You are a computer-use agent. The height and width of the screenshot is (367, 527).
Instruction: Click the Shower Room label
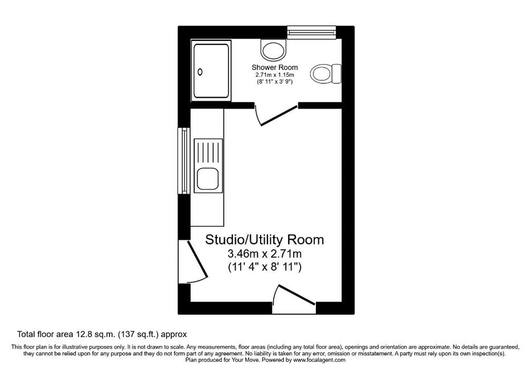(274, 68)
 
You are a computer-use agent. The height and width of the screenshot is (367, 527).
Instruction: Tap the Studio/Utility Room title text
(265, 240)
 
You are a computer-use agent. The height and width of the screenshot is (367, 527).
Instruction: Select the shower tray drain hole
(200, 72)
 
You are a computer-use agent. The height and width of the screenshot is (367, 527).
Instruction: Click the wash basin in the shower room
(274, 49)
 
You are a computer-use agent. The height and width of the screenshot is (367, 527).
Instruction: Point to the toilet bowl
(320, 74)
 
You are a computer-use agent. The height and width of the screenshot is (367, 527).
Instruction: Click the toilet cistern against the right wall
(336, 74)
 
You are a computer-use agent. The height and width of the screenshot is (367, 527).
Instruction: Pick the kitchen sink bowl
(208, 178)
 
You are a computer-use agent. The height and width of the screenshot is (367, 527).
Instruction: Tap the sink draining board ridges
(208, 153)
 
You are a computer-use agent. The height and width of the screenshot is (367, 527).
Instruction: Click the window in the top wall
(312, 32)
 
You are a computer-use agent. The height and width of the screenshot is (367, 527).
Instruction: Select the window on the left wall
(184, 160)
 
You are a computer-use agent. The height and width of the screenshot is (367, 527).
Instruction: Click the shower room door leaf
(279, 116)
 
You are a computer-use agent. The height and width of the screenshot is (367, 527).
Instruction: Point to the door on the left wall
(197, 259)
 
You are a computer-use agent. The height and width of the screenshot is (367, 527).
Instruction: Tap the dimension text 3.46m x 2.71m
(265, 253)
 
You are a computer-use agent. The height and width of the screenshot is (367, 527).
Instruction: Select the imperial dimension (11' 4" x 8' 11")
(265, 267)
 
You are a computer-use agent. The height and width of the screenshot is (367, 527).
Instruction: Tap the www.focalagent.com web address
(319, 360)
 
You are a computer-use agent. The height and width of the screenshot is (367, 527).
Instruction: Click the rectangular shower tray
(211, 70)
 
